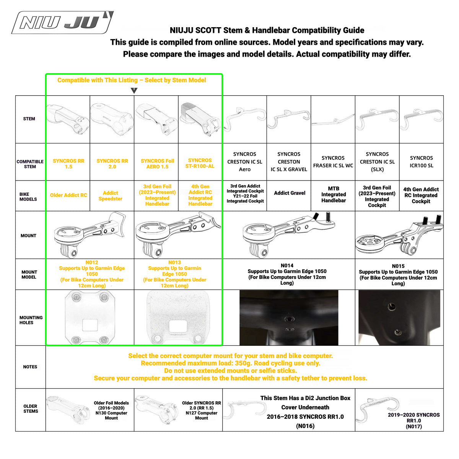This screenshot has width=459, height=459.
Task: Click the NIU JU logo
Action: [62, 23]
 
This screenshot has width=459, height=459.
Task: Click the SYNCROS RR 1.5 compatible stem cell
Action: [68, 164]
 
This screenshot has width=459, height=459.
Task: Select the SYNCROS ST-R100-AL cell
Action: [200, 163]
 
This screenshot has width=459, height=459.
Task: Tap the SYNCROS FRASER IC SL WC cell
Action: [333, 162]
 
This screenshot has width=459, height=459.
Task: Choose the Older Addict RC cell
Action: [68, 195]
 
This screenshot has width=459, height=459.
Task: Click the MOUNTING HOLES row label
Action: [31, 320]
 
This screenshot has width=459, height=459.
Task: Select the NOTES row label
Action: [30, 366]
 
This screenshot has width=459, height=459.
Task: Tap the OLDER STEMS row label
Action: [31, 409]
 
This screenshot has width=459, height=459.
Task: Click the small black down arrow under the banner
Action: [134, 91]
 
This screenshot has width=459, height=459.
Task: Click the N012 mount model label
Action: [92, 262]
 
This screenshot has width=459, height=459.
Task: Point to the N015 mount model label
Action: [398, 266]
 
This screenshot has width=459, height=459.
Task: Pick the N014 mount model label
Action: [287, 265]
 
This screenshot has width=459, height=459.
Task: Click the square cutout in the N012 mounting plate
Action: [90, 325]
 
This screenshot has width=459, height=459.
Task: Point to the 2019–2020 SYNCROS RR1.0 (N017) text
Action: [414, 420]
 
